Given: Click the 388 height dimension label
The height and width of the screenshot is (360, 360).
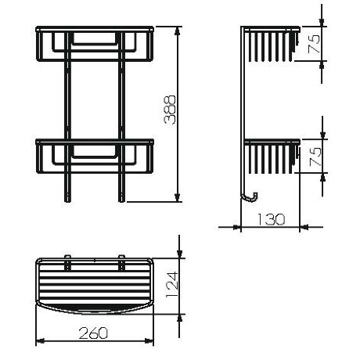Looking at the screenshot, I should tap(171, 114).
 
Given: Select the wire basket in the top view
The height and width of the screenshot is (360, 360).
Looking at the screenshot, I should tap(95, 283).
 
